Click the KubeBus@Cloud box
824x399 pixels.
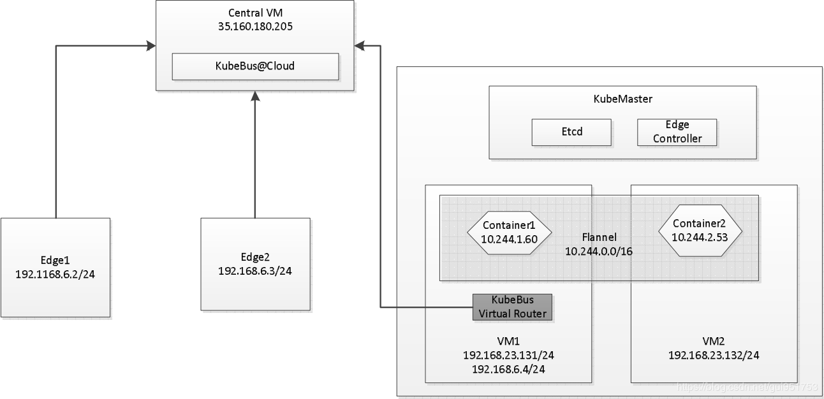pos(255,66)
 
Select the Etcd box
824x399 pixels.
pos(571,133)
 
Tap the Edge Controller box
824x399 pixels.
pos(677,133)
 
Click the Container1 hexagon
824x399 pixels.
pos(510,233)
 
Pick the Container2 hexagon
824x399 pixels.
pos(700,231)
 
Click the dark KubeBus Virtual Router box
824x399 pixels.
pos(512,307)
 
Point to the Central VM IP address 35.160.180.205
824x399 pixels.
pos(255,27)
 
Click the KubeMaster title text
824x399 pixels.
pos(622,99)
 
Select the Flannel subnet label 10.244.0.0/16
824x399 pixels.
pos(598,252)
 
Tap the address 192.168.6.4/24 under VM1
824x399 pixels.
pos(508,369)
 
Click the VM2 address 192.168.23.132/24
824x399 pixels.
pos(714,355)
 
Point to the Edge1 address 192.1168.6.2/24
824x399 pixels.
pos(55,274)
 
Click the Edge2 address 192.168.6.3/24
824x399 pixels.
pos(255,271)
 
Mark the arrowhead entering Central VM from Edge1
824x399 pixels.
pos(151,46)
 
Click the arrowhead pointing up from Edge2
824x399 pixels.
pos(255,96)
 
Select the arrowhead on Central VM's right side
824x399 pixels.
pos(360,46)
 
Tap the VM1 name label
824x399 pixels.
pos(508,341)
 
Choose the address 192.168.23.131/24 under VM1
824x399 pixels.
pos(508,355)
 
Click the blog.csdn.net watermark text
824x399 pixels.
pos(747,387)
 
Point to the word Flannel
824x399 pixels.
pos(600,237)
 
